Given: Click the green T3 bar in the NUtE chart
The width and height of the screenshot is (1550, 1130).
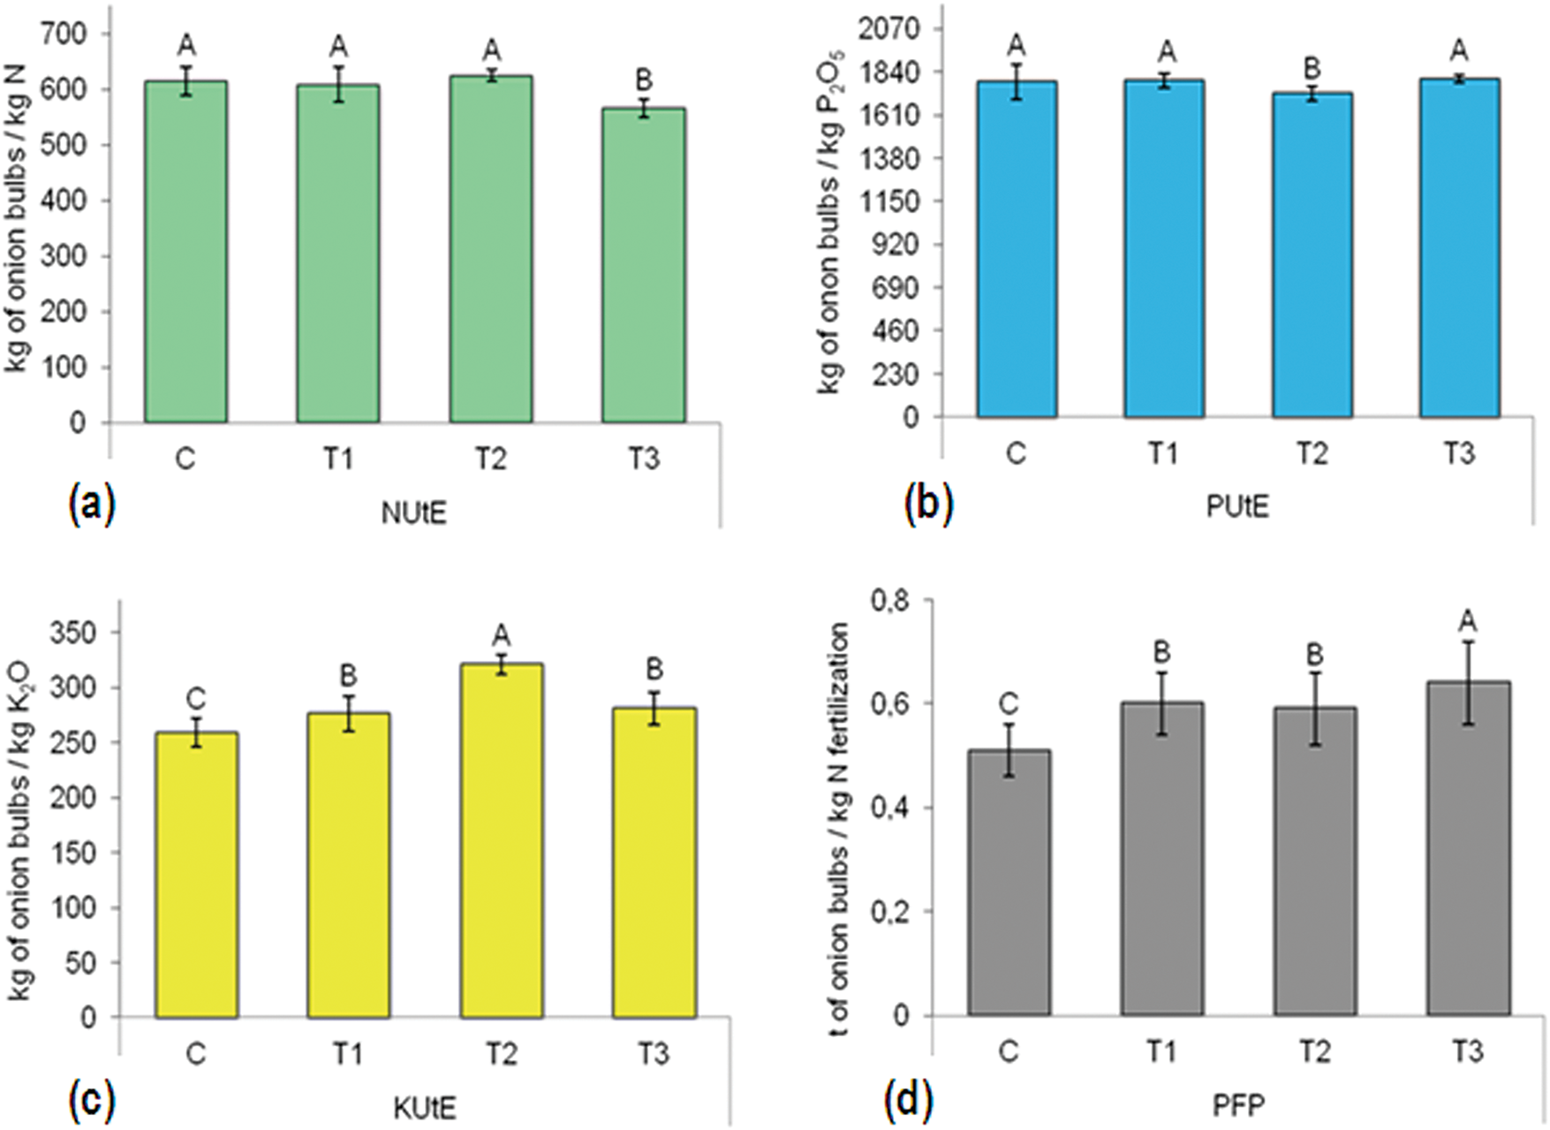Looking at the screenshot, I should click(643, 265).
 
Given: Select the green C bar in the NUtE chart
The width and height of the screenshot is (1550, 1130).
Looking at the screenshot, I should click(185, 252).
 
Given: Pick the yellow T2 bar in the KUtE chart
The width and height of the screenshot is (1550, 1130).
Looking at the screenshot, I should click(501, 839).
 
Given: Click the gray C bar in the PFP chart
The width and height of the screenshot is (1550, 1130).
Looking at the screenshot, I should click(1009, 884).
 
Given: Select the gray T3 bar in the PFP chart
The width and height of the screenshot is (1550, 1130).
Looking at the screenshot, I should click(1468, 848).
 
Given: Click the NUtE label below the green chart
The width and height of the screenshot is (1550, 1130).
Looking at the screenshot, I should click(413, 512).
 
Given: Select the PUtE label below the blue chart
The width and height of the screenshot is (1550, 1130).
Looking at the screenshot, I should click(1237, 506).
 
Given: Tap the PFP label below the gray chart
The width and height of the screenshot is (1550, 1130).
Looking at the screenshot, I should click(1238, 1104).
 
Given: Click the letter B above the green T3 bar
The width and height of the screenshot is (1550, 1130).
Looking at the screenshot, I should click(644, 80).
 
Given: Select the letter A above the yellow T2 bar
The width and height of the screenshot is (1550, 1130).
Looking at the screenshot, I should click(501, 634).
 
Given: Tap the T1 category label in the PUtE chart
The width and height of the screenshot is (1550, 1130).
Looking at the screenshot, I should click(1163, 453).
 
